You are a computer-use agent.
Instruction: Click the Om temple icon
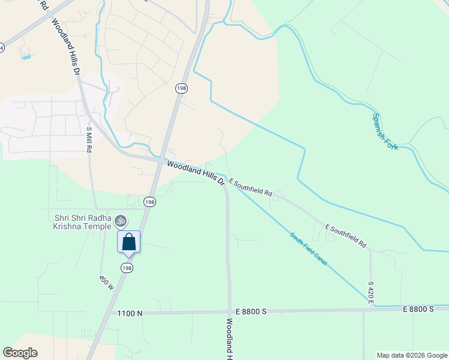tap(120, 221)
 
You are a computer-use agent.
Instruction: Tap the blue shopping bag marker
tap(128, 242)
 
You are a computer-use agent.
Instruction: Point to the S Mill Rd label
tap(89, 139)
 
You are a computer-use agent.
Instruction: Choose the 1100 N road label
tap(130, 313)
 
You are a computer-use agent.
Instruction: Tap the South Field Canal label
tap(308, 249)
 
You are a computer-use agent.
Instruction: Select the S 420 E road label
tap(371, 290)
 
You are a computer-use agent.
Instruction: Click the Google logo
tap(20, 353)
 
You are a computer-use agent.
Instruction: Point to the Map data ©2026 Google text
tap(412, 355)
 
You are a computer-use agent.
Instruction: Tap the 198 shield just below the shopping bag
tap(126, 267)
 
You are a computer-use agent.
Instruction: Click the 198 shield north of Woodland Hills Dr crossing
tap(181, 88)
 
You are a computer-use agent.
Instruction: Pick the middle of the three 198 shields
tap(149, 202)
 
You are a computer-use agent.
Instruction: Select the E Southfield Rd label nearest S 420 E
tap(346, 236)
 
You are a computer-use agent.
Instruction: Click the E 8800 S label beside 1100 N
tap(251, 312)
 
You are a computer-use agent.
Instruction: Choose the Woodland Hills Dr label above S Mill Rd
tap(65, 46)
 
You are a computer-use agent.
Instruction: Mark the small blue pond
tap(26, 57)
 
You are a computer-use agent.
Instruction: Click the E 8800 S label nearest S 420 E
tap(418, 308)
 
